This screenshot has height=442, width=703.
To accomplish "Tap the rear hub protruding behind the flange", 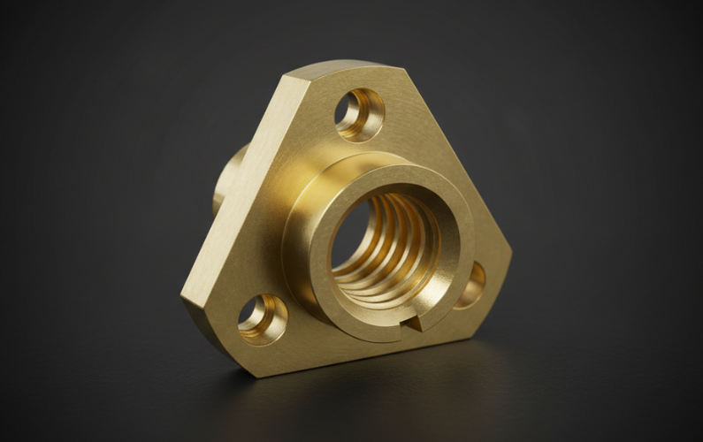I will coord(226,177).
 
